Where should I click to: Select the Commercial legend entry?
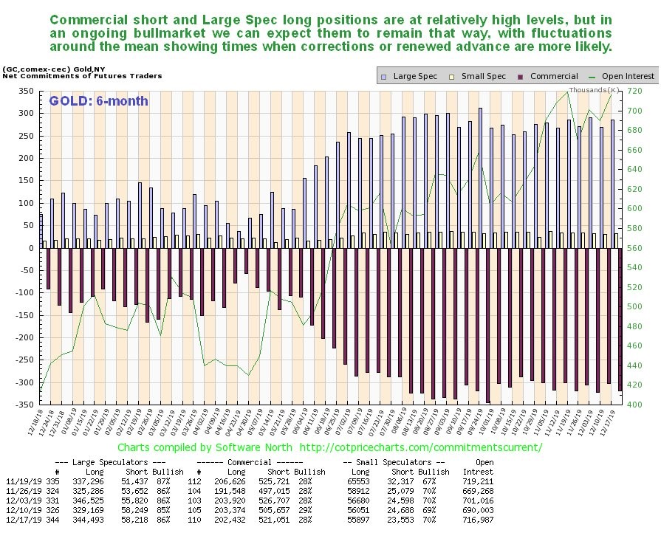pyautogui.click(x=551, y=76)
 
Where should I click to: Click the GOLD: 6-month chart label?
pyautogui.click(x=99, y=101)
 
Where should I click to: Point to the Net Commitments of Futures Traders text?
pyautogui.click(x=82, y=76)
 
